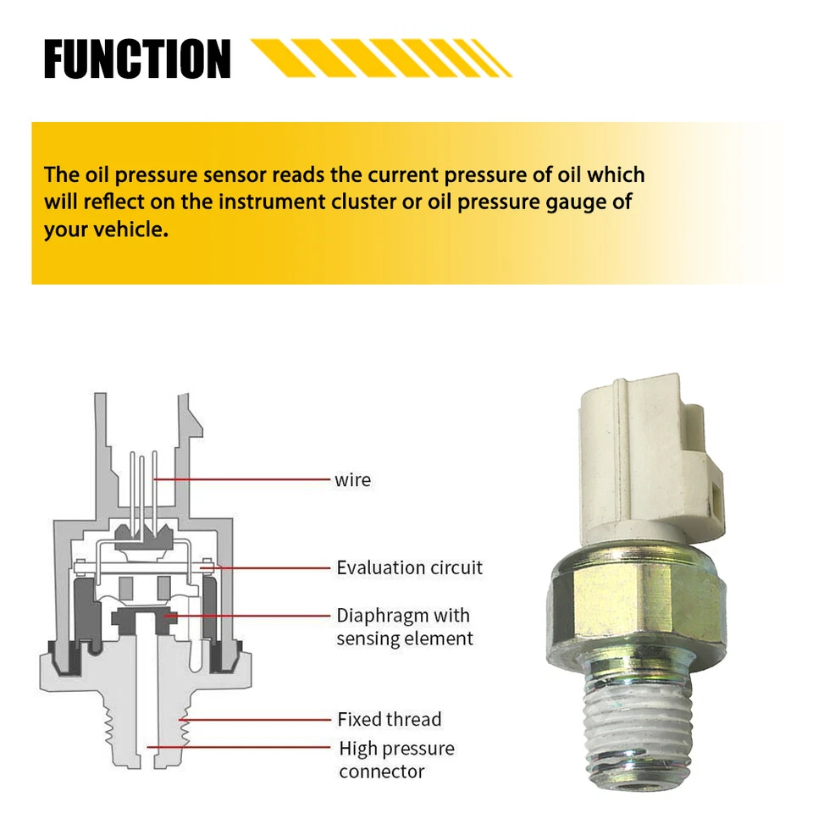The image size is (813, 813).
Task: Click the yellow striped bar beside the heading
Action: pyautogui.click(x=381, y=58)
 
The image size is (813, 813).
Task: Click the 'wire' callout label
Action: pyautogui.click(x=352, y=479)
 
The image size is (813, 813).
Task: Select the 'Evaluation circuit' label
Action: pyautogui.click(x=409, y=567)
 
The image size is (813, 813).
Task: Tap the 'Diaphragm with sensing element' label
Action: pyautogui.click(x=404, y=627)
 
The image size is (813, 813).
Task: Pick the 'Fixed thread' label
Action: pyautogui.click(x=389, y=719)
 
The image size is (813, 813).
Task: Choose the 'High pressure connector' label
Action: pyautogui.click(x=396, y=760)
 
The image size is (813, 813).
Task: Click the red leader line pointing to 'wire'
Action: pyautogui.click(x=246, y=479)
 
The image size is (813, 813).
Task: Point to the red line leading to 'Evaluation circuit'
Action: pyautogui.click(x=271, y=567)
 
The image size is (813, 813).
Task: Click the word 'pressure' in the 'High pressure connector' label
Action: pyautogui.click(x=424, y=749)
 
